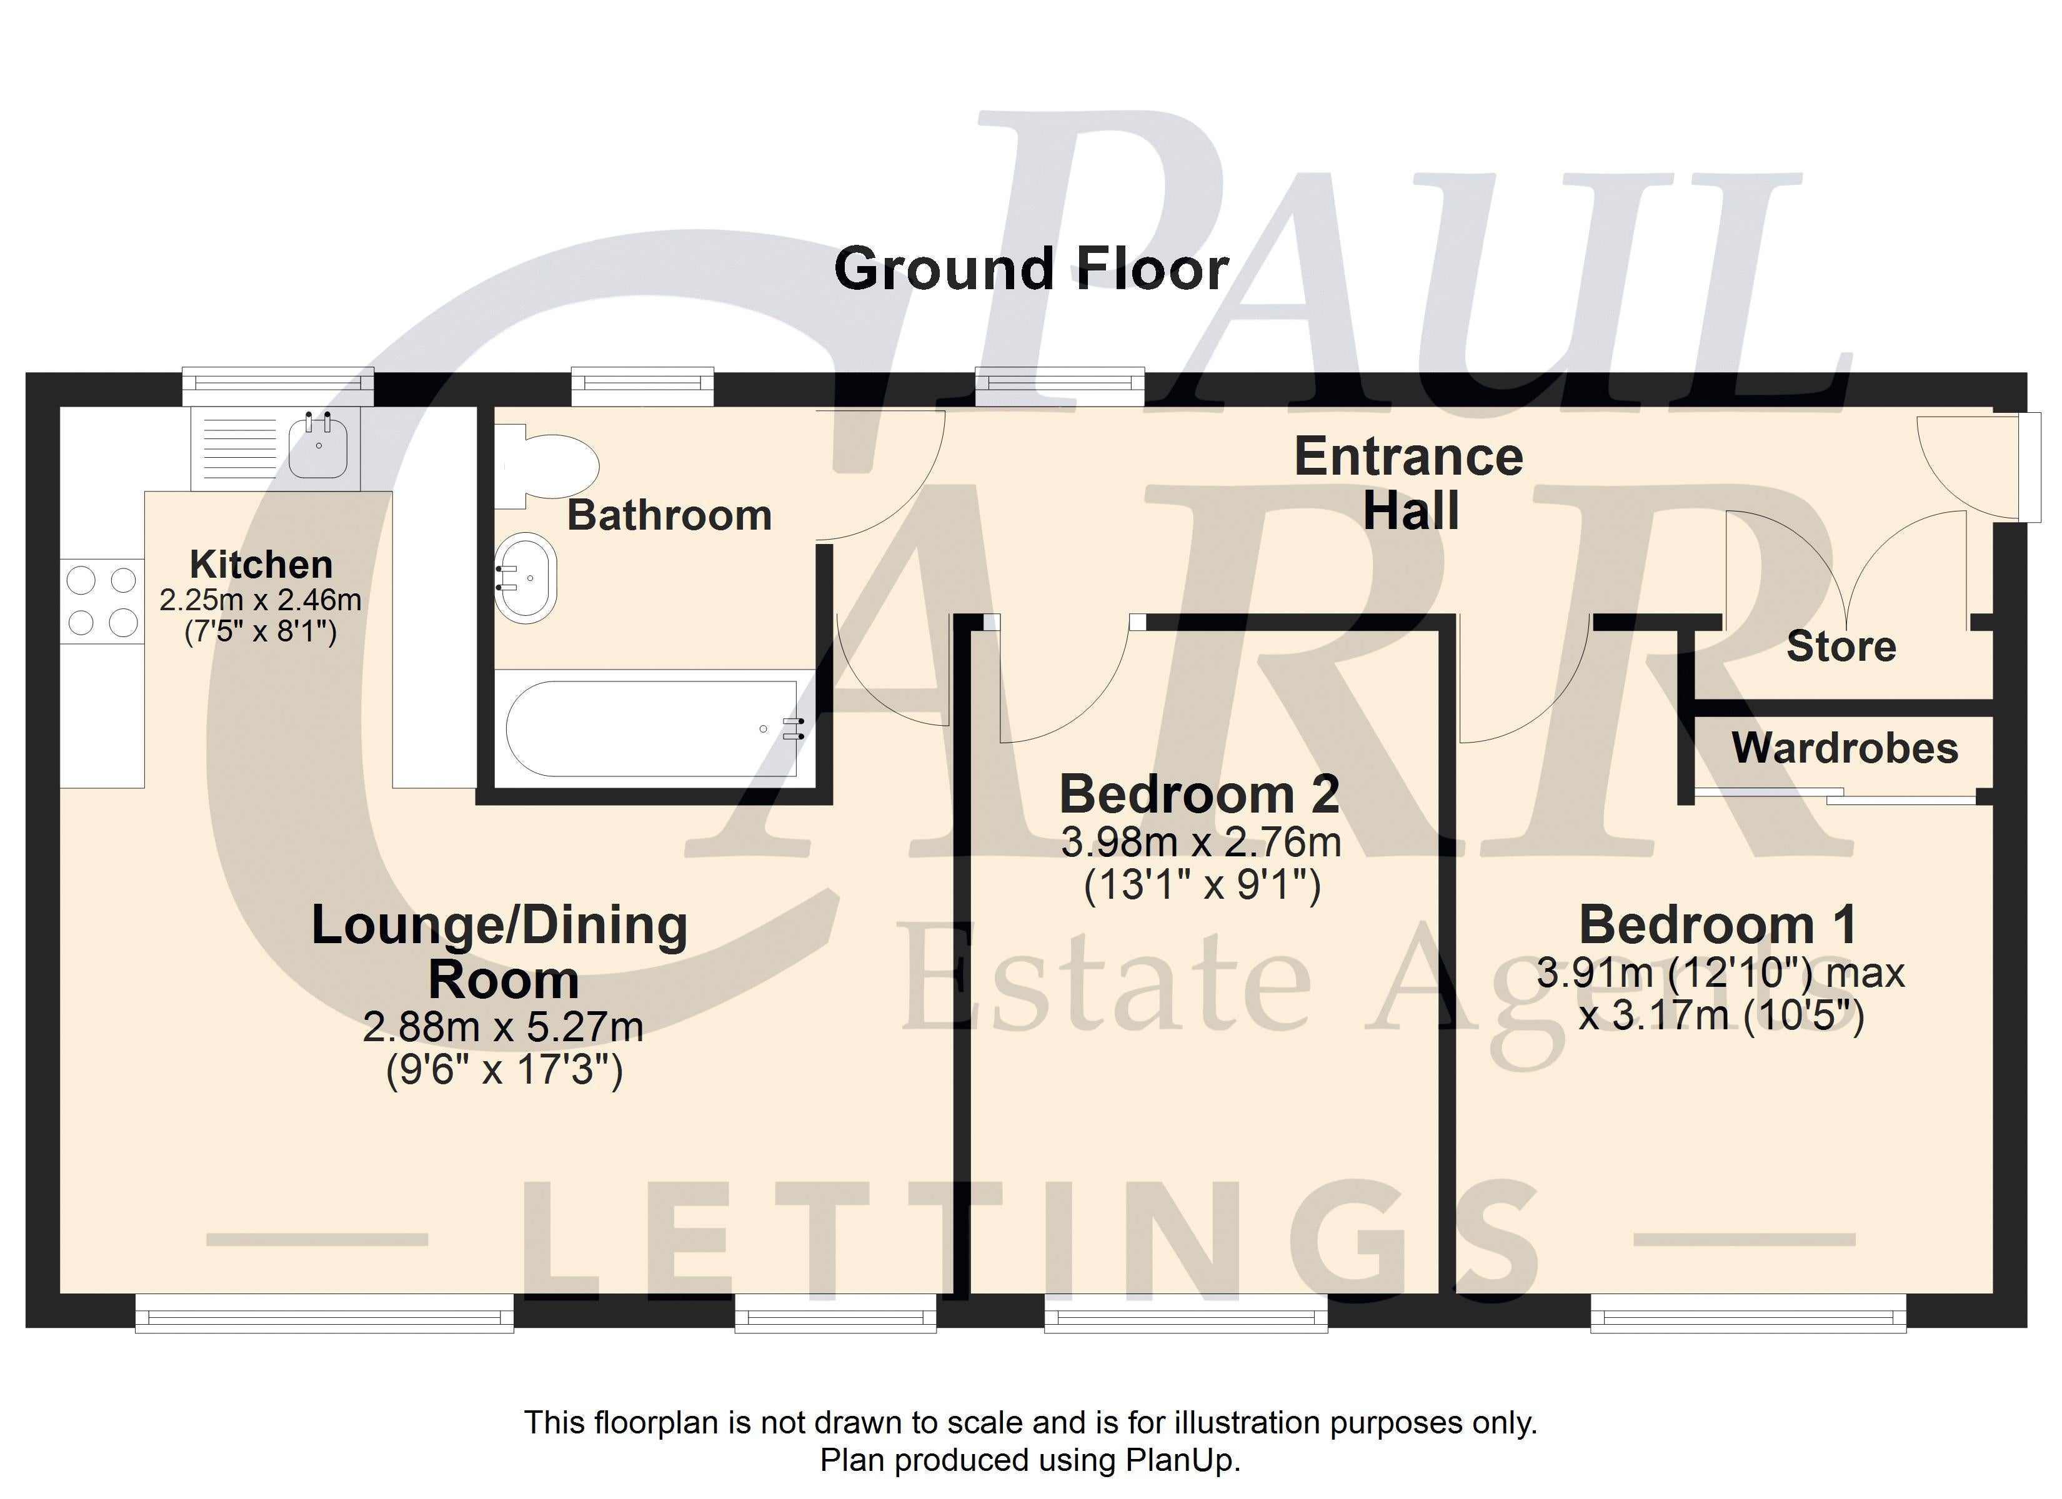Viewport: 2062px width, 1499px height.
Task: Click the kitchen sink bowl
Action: (x=318, y=445)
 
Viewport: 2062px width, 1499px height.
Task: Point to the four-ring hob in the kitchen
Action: (x=102, y=600)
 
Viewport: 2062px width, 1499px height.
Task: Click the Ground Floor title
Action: (x=1031, y=270)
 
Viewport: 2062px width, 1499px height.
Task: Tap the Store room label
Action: (x=1841, y=646)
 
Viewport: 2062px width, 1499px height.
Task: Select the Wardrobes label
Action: (x=1845, y=748)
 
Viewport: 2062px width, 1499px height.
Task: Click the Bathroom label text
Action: (x=670, y=515)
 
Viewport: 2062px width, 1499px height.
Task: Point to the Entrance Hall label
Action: (x=1409, y=483)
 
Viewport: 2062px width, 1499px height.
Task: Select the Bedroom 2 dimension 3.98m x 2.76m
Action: (x=1201, y=843)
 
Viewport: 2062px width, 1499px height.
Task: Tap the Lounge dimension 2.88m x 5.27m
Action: (x=503, y=1027)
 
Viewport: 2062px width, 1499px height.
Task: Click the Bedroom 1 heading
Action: (x=1718, y=926)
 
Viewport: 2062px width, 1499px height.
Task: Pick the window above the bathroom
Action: (x=643, y=387)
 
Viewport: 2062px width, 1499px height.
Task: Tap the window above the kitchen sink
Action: (x=278, y=387)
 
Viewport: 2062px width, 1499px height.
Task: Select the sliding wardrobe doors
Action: (x=1835, y=797)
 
